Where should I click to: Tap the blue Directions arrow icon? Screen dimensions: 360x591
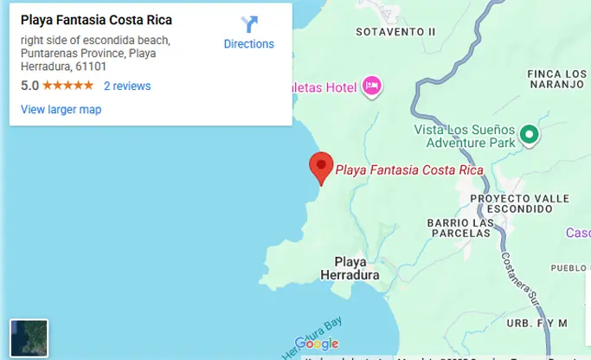click(249, 24)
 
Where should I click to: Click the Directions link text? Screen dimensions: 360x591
click(248, 44)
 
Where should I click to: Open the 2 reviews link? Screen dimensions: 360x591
click(127, 86)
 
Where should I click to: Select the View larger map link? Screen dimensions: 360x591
click(61, 109)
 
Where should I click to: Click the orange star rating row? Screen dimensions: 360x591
click(67, 86)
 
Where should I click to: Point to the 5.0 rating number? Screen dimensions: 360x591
click(29, 86)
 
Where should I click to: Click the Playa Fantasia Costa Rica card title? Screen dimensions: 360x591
click(96, 20)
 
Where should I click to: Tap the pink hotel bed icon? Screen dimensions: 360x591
click(372, 85)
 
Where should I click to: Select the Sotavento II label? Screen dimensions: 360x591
click(395, 32)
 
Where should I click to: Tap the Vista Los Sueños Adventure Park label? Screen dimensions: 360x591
click(464, 135)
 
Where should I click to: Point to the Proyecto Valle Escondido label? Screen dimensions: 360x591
click(520, 203)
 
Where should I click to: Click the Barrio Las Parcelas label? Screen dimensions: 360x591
click(460, 229)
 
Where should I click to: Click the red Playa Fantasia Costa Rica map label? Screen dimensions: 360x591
click(408, 170)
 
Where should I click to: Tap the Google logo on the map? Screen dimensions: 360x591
click(317, 344)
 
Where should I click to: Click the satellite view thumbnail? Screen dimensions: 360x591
click(29, 338)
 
